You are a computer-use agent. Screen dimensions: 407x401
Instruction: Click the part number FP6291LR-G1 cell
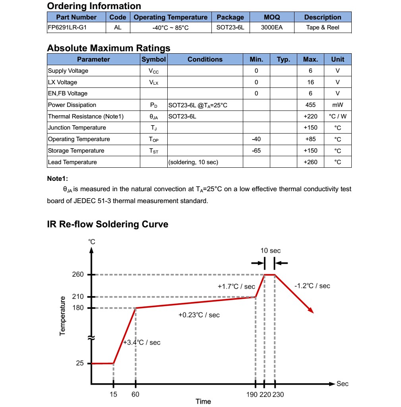click(x=67, y=27)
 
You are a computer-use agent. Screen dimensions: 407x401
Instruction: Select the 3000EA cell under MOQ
click(x=272, y=27)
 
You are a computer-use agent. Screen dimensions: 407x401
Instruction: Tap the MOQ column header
click(x=272, y=17)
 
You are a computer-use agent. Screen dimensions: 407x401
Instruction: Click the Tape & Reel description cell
click(x=323, y=27)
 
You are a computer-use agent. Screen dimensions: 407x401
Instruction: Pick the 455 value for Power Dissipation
click(x=310, y=105)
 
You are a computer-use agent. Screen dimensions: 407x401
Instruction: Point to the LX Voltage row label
click(x=62, y=82)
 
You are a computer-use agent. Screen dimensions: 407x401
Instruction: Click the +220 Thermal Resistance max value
click(x=310, y=116)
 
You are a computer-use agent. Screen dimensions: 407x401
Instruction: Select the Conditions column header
click(x=205, y=59)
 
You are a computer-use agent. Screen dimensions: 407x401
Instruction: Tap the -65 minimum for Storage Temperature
click(x=256, y=151)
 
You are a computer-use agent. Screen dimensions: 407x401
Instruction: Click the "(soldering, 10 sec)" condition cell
click(x=193, y=162)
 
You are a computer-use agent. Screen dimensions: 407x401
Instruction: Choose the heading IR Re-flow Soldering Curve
click(x=107, y=224)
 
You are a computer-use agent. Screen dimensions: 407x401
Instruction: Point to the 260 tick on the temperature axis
click(x=78, y=275)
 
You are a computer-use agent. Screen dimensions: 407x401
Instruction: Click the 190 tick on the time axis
click(x=252, y=394)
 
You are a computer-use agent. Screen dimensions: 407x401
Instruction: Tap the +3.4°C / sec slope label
click(x=142, y=343)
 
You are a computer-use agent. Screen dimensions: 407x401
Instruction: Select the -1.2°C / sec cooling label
click(x=312, y=286)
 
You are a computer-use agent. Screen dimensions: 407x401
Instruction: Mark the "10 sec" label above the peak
click(x=270, y=251)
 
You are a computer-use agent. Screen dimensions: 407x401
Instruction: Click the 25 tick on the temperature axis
click(x=80, y=363)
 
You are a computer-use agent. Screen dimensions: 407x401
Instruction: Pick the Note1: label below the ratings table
click(x=57, y=179)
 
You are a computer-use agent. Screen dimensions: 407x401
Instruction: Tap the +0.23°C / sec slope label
click(x=199, y=315)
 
